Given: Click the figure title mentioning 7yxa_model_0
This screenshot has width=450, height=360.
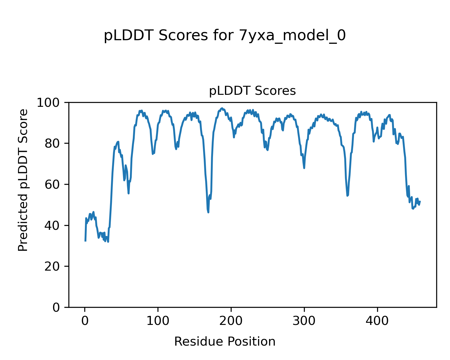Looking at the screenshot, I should coord(225,36).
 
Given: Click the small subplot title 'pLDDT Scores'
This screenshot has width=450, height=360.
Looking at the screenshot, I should coord(252,91).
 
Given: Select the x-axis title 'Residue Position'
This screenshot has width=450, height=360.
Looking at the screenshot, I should coord(225,342).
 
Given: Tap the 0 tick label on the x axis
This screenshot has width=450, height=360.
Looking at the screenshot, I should coord(85,321).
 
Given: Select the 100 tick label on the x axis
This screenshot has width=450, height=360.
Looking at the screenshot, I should coord(158,321).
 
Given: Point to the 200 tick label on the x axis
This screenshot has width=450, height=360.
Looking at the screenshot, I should coord(231,321).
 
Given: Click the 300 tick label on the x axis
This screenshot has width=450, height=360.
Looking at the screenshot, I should coord(304,321).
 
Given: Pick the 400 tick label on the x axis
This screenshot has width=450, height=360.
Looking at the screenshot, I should coord(377,321).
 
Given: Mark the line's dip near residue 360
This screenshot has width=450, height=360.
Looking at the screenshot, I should coord(347,196).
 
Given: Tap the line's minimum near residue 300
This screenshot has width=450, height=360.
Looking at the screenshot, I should coord(304,168).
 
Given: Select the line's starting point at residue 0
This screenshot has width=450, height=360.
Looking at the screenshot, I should coord(85,241).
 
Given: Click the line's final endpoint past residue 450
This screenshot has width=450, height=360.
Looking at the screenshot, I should coord(420,201).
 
